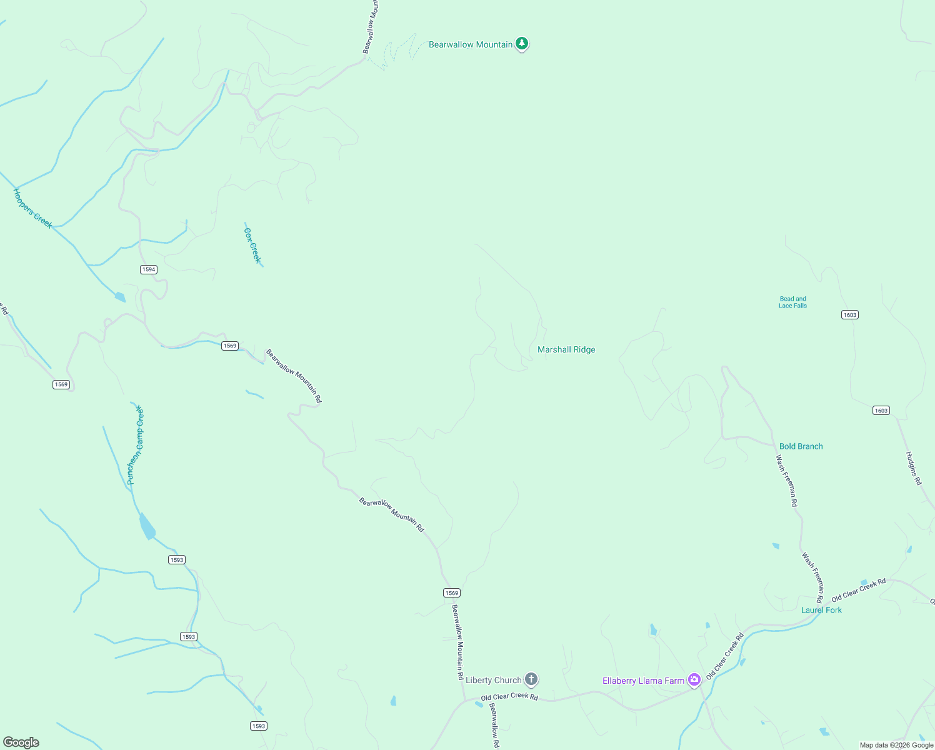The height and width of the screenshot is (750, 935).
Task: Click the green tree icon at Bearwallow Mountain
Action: (x=522, y=44)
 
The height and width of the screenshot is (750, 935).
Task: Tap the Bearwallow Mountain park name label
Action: (x=470, y=44)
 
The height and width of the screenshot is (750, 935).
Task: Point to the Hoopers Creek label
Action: (x=32, y=209)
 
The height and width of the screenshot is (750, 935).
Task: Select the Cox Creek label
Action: (x=252, y=245)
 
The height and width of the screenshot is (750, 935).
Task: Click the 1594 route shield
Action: (x=148, y=269)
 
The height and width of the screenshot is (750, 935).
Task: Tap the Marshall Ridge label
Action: (x=566, y=350)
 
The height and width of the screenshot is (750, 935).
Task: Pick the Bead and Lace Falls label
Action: (x=792, y=302)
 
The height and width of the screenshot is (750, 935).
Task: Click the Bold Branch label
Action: (x=801, y=446)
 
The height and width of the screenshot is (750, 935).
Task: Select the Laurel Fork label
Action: (x=821, y=610)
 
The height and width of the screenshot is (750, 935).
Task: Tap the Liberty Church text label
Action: (x=493, y=680)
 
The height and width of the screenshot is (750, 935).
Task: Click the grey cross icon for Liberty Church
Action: (x=531, y=679)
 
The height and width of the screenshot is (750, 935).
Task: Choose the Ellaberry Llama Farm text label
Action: (x=643, y=681)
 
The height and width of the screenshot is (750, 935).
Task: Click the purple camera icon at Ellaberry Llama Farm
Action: (x=694, y=680)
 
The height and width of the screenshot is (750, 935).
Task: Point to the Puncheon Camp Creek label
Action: (x=135, y=445)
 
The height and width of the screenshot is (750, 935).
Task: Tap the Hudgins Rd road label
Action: (x=914, y=468)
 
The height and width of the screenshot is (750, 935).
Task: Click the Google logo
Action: (x=21, y=742)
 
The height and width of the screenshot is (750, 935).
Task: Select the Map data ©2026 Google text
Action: (x=896, y=745)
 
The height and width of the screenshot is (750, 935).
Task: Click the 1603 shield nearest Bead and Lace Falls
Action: (x=849, y=314)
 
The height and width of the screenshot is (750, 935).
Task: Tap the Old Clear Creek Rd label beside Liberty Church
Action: (x=509, y=696)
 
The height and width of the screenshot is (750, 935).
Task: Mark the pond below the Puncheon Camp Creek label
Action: (x=147, y=527)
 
